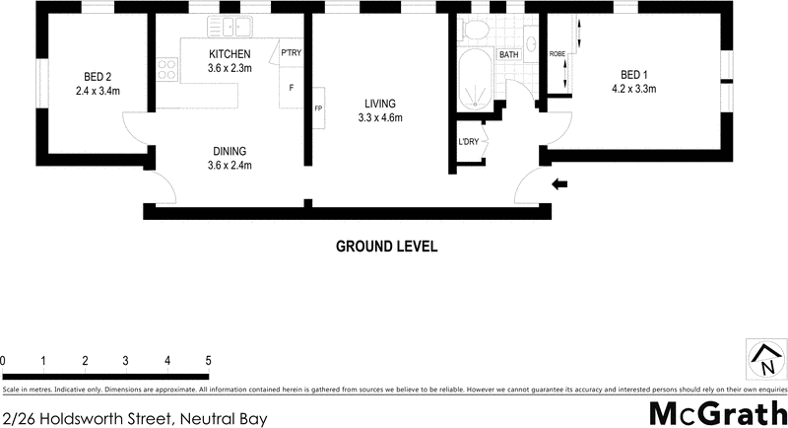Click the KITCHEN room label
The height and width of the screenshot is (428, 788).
pos(230,53)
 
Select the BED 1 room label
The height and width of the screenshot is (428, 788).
pos(634,74)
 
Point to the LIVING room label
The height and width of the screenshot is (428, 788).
pos(379,103)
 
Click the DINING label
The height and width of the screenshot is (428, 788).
pos(229,151)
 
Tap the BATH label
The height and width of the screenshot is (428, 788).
pos(509,55)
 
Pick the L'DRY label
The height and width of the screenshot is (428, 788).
pos(469,141)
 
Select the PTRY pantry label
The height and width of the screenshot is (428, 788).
pos(291,52)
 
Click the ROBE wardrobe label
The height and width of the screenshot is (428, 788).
pos(557,54)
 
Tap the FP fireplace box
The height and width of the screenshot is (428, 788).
pos(318,107)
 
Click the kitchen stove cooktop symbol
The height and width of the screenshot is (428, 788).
pos(166,70)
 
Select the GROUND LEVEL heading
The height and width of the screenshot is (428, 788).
pos(386,246)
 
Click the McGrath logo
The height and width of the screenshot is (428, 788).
pos(718,412)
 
